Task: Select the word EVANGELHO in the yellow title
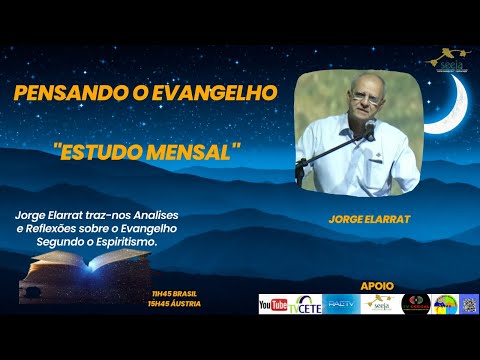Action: [218, 93]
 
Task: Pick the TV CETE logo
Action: [307, 305]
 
